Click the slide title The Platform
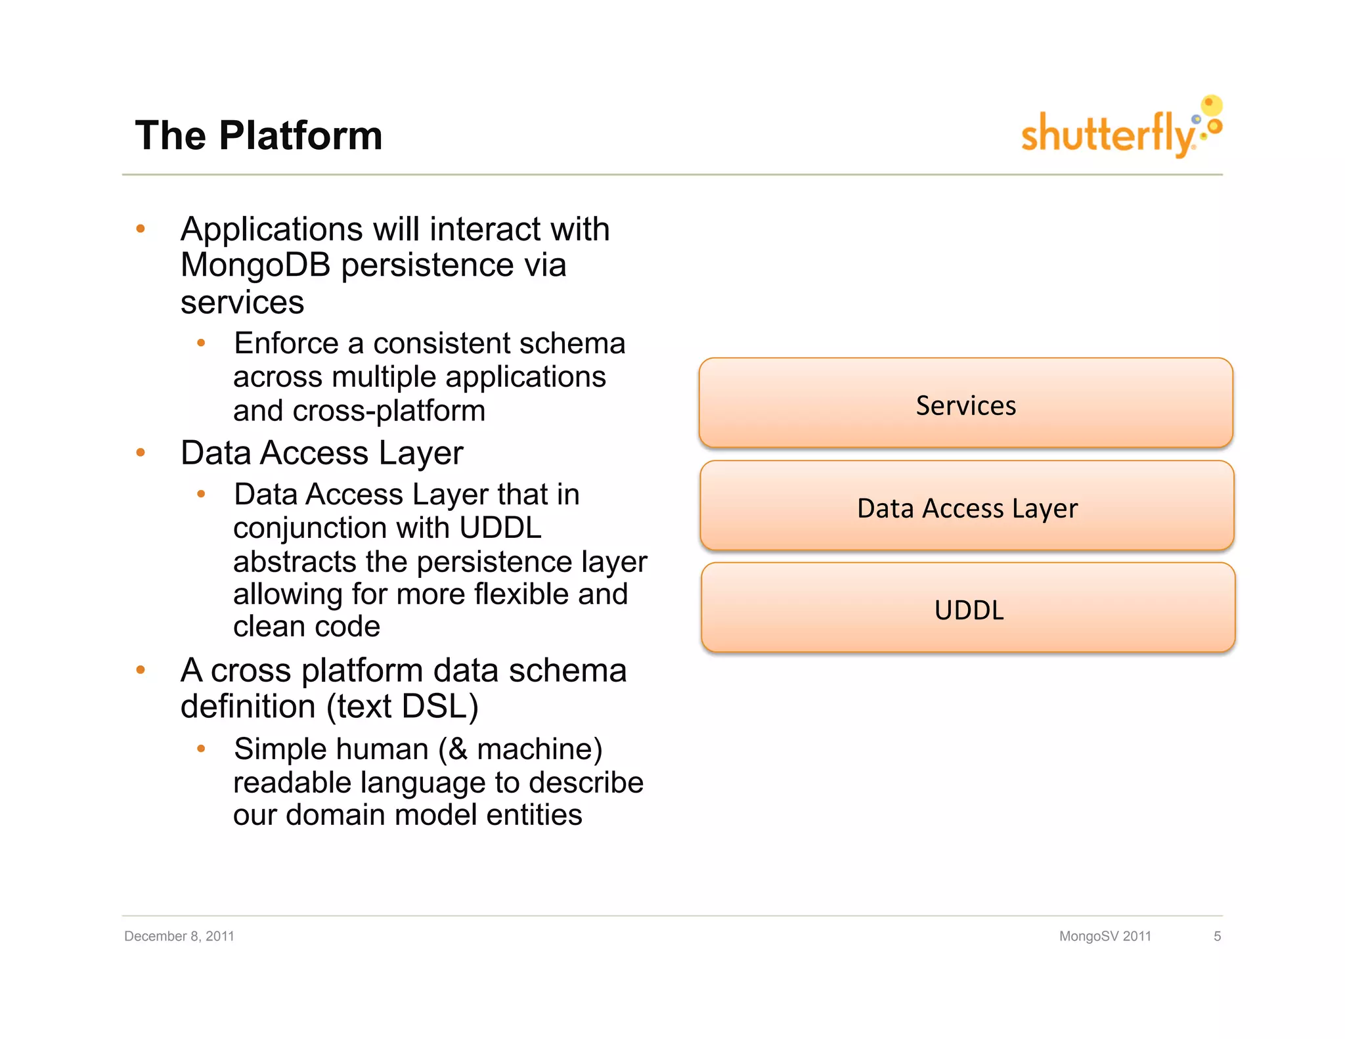[x=258, y=136]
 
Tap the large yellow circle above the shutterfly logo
[x=1211, y=105]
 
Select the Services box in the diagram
[x=965, y=404]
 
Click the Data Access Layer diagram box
[x=967, y=506]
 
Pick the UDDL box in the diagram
[x=968, y=609]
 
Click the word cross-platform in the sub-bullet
[x=389, y=411]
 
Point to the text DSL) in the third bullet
[x=439, y=707]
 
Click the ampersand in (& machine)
[x=458, y=749]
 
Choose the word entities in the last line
[x=534, y=815]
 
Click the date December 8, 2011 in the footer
[x=179, y=936]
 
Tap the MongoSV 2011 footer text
[x=1105, y=936]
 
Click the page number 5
[x=1217, y=936]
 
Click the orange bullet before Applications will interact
[x=140, y=229]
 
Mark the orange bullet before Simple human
[x=201, y=749]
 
